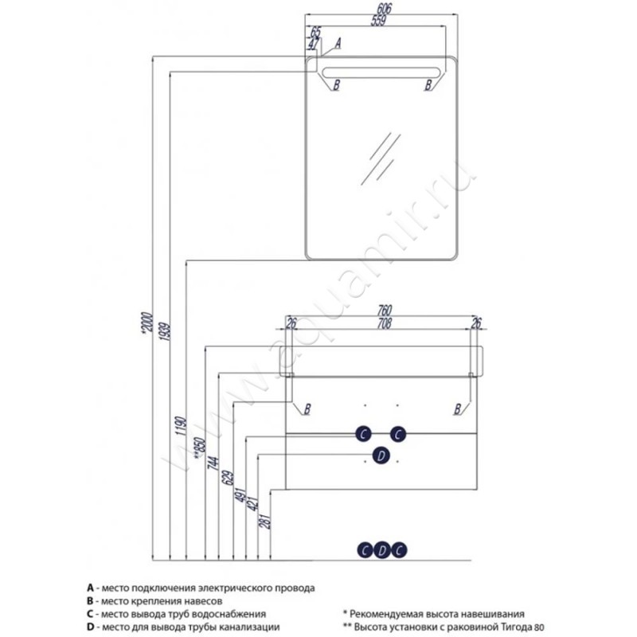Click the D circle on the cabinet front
tap(381, 455)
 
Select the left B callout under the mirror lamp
tap(336, 84)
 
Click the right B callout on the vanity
tap(457, 409)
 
